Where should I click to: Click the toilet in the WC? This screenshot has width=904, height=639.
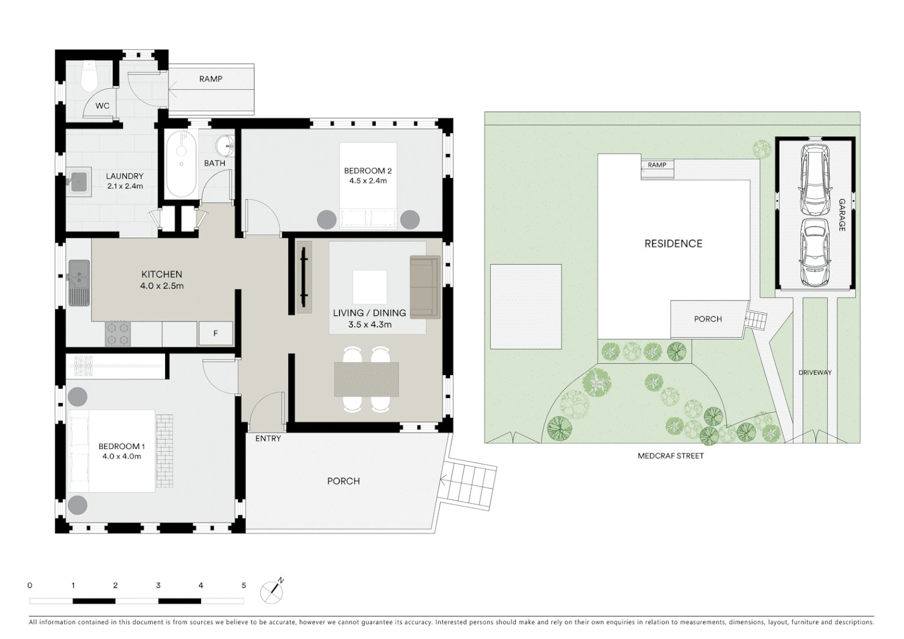90,76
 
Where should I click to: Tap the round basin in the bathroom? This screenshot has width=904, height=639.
225,144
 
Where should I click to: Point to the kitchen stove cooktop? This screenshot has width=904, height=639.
117,334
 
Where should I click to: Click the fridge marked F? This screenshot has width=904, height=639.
215,334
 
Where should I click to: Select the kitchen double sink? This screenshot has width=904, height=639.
79,283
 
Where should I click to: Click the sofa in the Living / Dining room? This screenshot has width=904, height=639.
425,287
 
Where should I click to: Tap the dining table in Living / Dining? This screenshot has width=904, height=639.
366,379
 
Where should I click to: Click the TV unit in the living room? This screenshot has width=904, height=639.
304,277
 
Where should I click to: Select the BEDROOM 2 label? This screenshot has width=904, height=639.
368,171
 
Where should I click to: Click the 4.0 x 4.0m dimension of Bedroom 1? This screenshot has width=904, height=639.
121,456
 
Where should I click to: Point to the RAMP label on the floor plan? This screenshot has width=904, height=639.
211,79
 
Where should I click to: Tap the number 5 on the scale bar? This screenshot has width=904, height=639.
244,585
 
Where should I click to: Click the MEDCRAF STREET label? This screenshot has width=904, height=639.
671,456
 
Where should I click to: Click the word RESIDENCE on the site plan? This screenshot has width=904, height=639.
673,244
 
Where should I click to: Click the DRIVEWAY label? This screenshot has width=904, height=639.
815,373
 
